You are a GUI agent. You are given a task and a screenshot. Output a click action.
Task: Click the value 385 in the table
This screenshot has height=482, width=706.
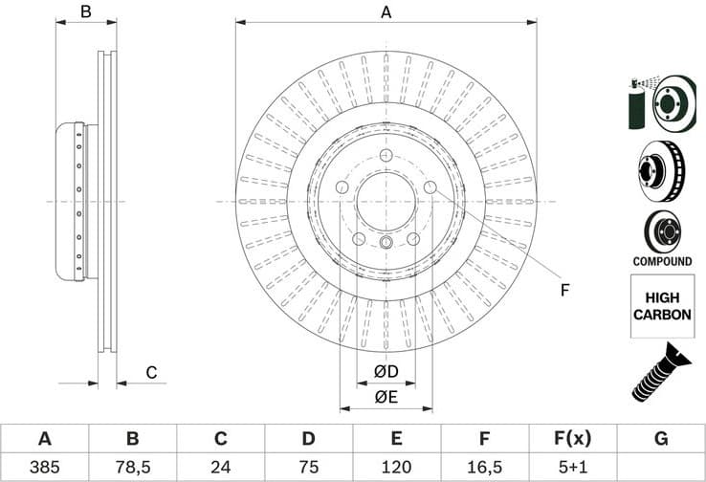point(44,468)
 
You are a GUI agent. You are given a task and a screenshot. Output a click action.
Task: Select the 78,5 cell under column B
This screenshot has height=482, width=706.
point(132,468)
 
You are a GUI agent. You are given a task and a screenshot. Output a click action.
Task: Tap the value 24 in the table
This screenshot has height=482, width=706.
point(220,468)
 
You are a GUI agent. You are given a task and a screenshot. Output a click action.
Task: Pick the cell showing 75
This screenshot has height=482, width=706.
point(308,468)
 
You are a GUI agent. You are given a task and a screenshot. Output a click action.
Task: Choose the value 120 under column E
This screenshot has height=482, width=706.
point(396,468)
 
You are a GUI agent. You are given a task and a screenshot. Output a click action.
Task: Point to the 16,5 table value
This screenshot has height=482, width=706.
point(484,468)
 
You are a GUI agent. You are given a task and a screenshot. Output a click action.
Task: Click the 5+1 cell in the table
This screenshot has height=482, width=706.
point(572,468)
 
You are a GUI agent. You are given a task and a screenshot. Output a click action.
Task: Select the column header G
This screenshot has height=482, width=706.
point(660,439)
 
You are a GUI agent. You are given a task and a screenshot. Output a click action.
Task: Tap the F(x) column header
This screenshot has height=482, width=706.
point(572,439)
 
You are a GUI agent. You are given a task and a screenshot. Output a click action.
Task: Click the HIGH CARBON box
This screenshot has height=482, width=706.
point(661,305)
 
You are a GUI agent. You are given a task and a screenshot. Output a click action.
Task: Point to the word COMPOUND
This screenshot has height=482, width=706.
point(661,261)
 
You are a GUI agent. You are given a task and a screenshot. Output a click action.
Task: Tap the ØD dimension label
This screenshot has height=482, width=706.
point(386,370)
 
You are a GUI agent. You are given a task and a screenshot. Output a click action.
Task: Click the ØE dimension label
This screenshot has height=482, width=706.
point(386,396)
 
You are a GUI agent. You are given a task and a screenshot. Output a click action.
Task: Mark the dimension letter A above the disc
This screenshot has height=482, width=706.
point(386,12)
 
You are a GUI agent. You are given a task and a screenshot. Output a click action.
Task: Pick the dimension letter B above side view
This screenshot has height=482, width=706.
point(85,12)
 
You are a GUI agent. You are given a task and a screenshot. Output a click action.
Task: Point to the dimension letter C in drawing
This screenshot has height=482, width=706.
point(151,372)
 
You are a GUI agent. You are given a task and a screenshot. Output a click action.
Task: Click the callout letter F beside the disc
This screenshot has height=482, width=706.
point(564,290)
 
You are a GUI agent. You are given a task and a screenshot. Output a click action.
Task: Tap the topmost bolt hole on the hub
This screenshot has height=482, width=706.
point(386,156)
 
